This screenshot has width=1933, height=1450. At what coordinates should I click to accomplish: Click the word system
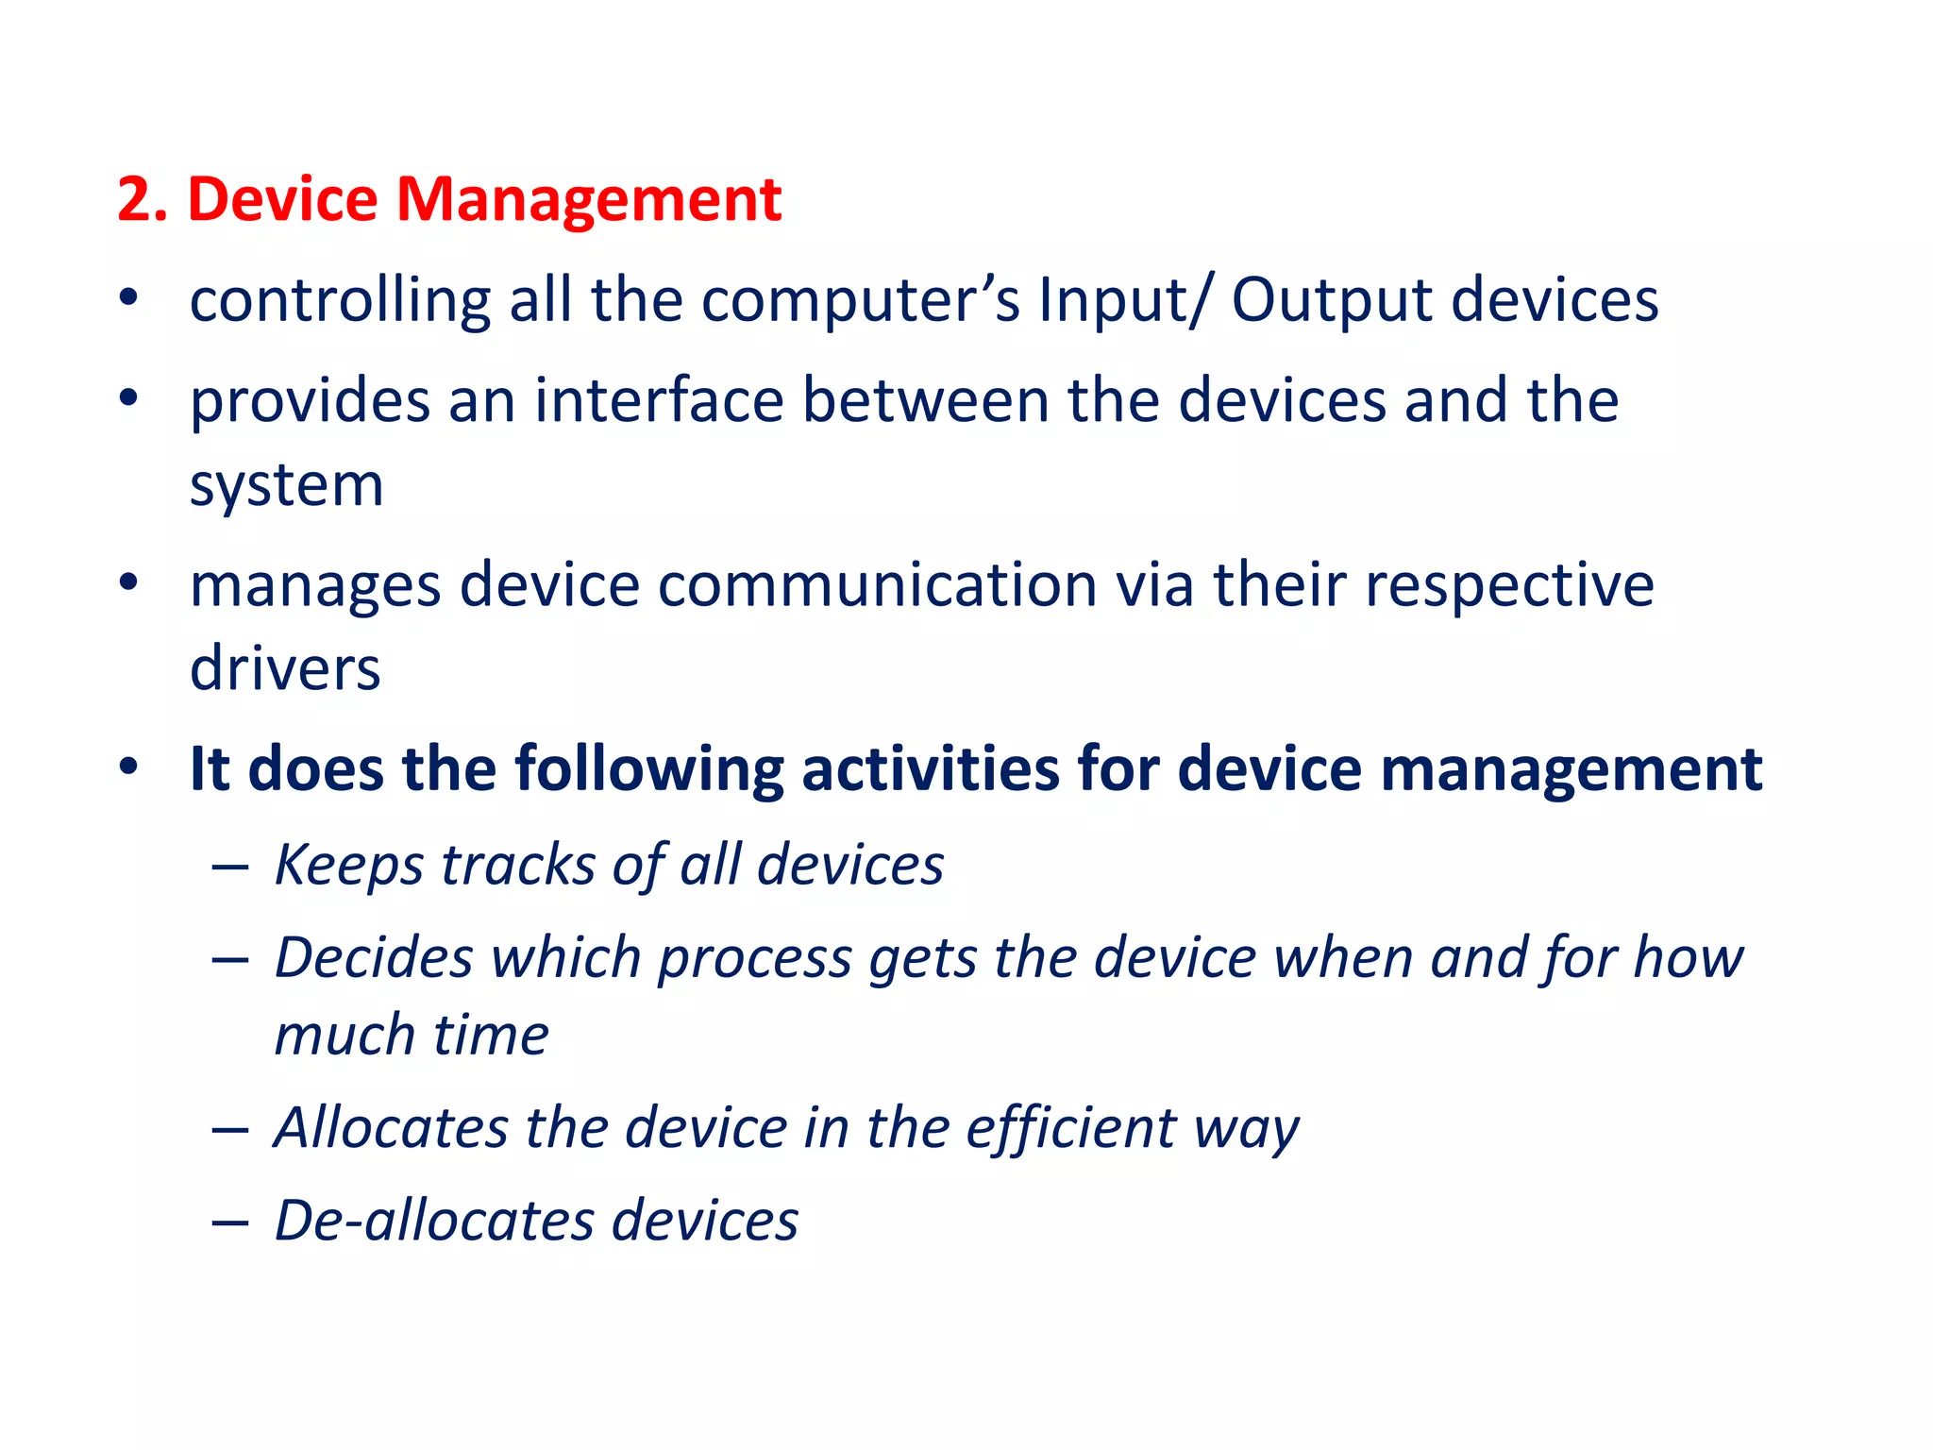point(286,486)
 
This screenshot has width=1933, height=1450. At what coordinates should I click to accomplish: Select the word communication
point(877,585)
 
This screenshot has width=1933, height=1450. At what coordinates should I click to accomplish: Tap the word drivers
point(285,668)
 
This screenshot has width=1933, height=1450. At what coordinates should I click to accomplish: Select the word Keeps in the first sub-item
point(348,865)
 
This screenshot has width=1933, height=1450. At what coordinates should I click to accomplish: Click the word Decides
point(374,957)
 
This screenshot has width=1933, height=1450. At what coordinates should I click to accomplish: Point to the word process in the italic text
point(755,959)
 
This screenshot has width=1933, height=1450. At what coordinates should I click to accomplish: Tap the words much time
point(412,1035)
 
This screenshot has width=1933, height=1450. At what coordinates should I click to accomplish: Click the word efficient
point(1071,1128)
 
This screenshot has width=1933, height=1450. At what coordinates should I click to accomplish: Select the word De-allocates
point(433,1220)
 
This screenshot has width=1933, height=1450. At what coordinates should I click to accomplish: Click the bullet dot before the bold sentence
point(128,767)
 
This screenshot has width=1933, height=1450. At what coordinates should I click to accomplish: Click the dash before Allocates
point(229,1129)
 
